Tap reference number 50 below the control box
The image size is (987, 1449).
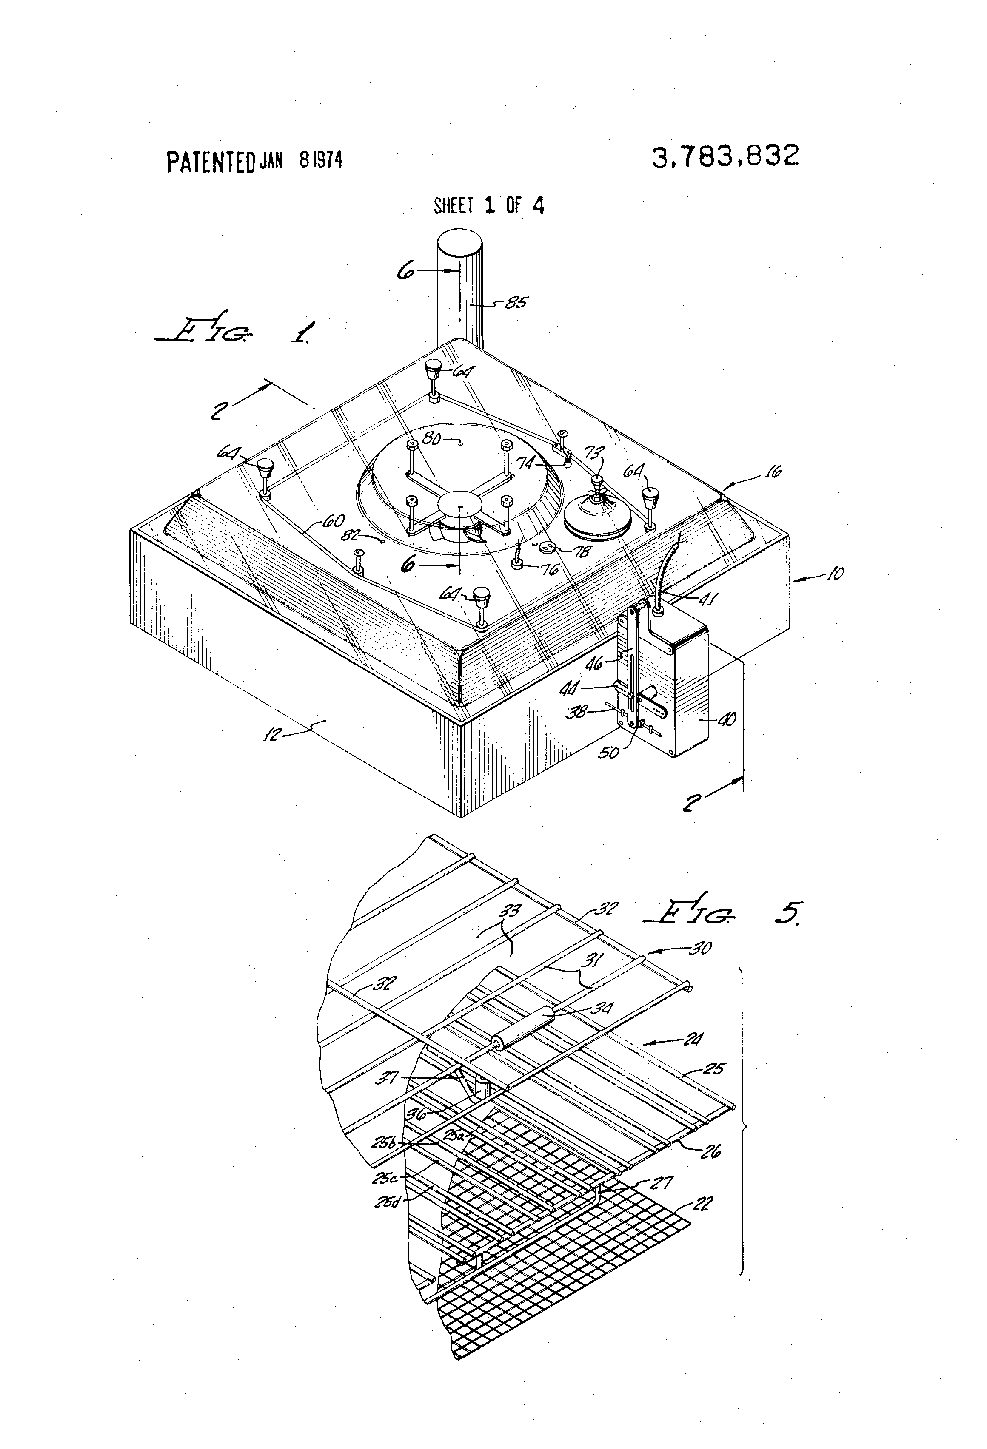608,752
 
